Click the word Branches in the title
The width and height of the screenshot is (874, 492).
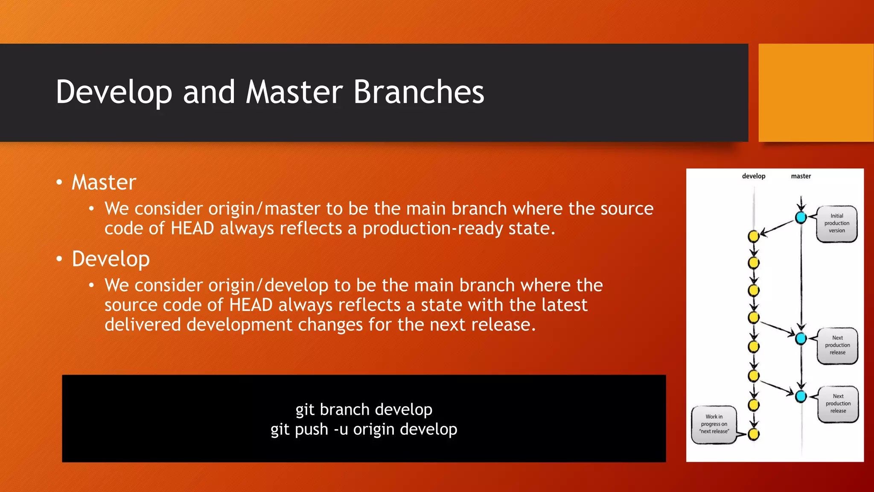click(419, 92)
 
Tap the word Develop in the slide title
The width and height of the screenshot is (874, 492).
click(114, 92)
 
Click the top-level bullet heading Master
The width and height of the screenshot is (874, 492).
click(104, 182)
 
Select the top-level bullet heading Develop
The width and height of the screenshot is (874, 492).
click(111, 259)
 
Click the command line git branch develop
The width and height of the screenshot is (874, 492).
click(364, 410)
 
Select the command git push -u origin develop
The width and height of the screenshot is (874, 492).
click(364, 429)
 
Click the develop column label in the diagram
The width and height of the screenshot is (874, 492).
click(753, 176)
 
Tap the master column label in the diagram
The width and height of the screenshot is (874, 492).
click(801, 176)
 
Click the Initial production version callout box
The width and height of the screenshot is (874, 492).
click(836, 223)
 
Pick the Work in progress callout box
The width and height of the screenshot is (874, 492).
click(714, 424)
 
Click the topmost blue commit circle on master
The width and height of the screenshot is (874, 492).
click(801, 217)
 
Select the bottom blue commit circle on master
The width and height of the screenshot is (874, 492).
click(801, 396)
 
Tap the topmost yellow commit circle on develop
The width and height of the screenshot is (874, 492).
click(754, 236)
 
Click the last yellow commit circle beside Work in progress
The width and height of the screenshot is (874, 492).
click(754, 434)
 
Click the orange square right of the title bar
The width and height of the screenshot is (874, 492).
click(816, 93)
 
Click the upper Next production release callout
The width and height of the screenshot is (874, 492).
click(837, 345)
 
